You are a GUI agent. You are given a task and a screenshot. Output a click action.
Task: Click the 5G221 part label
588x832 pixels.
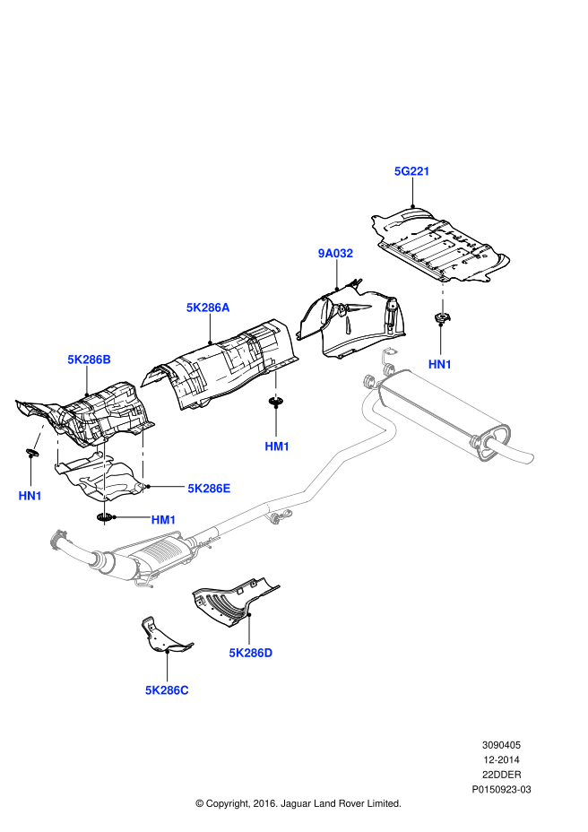(412, 170)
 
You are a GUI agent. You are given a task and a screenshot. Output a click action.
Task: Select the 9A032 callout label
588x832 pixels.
(335, 254)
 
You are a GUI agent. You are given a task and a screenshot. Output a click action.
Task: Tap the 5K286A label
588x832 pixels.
(208, 308)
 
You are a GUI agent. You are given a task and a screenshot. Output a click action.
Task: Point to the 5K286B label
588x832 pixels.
(89, 360)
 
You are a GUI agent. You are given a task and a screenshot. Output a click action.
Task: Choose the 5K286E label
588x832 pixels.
(209, 489)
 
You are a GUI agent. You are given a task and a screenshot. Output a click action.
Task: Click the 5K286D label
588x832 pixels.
(250, 653)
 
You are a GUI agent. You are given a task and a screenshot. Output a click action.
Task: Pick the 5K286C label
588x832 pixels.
(167, 690)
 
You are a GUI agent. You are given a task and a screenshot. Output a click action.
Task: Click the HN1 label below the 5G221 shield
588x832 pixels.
(440, 364)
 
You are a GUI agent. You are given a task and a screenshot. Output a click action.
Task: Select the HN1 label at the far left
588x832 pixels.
(30, 495)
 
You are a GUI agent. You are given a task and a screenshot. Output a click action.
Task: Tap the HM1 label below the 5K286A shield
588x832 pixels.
(277, 446)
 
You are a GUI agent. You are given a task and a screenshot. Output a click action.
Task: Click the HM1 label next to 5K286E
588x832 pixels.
(163, 519)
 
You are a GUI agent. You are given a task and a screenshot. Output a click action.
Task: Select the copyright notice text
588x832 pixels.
(298, 803)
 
